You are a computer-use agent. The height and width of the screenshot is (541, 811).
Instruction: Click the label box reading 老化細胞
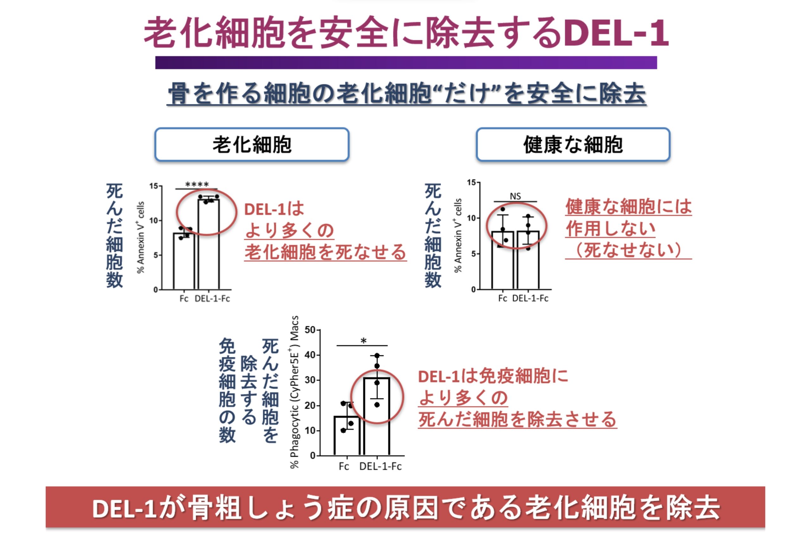click(252, 145)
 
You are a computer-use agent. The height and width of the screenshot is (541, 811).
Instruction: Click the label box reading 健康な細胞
click(573, 145)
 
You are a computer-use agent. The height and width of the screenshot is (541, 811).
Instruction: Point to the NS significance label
click(515, 196)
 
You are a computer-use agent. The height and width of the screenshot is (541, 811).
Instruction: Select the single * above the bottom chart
click(363, 341)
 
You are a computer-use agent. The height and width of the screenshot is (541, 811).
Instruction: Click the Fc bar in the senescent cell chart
click(183, 262)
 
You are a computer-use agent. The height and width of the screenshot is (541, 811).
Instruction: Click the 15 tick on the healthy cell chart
click(471, 182)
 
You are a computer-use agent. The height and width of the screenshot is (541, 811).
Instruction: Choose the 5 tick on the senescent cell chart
click(156, 255)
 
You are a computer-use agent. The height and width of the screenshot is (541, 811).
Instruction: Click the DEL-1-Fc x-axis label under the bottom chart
click(380, 467)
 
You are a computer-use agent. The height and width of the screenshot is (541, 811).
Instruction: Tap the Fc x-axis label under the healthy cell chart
click(502, 298)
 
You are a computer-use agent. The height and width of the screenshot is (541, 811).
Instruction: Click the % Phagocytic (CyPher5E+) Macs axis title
click(294, 392)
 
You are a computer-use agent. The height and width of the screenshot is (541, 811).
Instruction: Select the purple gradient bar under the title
click(406, 63)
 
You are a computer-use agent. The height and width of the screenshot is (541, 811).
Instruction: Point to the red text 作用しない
click(610, 229)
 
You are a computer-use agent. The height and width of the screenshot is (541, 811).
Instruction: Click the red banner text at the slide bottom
click(405, 508)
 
